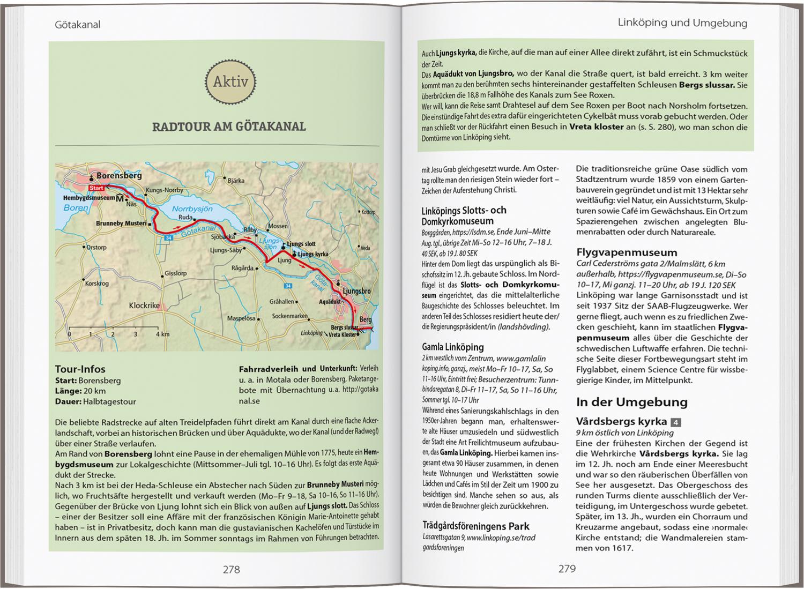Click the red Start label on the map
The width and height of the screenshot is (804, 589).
tap(96, 188)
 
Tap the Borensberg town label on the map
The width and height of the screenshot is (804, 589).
tap(119, 175)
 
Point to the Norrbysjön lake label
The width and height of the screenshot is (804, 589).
tap(192, 209)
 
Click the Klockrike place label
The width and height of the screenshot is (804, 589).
tap(144, 305)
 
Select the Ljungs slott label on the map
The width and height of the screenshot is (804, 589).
tap(301, 244)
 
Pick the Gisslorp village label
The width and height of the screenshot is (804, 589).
tap(175, 273)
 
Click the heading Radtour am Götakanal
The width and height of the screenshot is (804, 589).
tap(229, 126)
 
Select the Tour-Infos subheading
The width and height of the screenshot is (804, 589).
tap(80, 369)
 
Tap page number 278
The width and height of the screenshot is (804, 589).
tap(231, 569)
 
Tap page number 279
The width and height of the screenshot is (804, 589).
tap(567, 569)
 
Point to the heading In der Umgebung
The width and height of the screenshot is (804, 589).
tap(624, 402)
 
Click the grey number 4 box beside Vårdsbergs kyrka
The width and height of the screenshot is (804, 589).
tap(676, 422)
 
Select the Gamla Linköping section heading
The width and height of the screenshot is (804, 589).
tap(452, 347)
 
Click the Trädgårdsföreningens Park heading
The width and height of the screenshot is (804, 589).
tap(475, 526)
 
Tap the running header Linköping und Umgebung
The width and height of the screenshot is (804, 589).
tap(682, 23)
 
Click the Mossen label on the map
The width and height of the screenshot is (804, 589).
tap(278, 226)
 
